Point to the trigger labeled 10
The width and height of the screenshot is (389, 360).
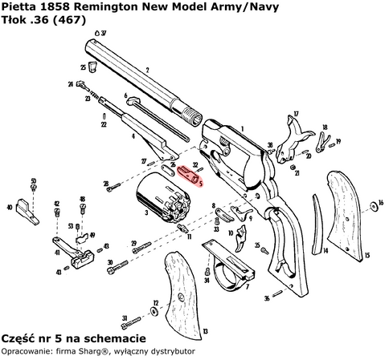(x=242, y=238)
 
